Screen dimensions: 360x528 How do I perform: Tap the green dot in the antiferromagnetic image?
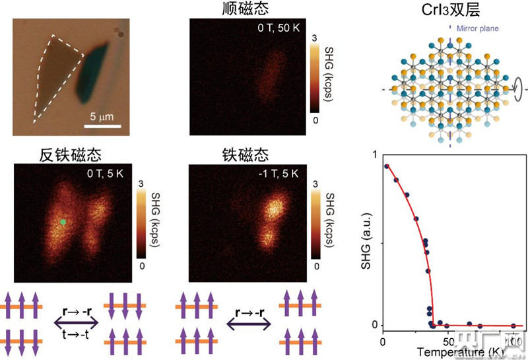(63, 223)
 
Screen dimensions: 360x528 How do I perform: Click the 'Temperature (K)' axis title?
(455, 352)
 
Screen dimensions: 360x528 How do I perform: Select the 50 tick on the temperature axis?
(448, 342)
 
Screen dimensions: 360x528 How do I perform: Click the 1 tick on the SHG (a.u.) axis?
(375, 155)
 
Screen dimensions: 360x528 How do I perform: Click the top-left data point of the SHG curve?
(387, 166)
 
